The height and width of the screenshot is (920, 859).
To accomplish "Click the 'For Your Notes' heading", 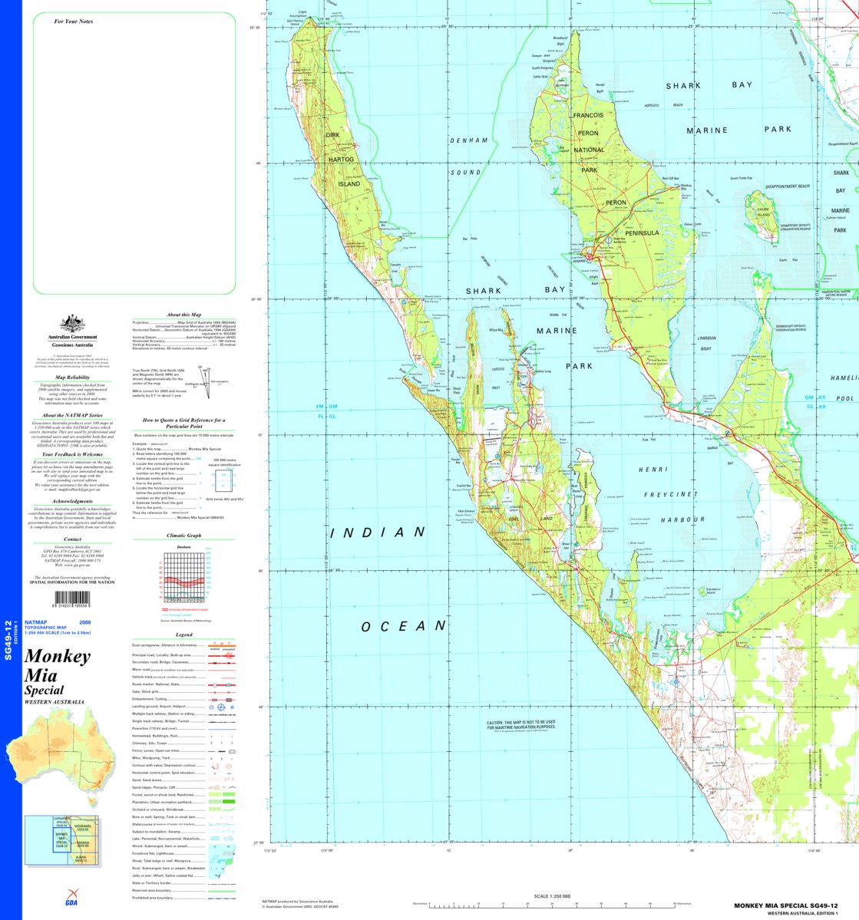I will click(x=74, y=21).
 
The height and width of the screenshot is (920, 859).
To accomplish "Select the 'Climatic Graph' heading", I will click(x=183, y=536).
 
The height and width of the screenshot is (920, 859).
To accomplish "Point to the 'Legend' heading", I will click(x=184, y=635).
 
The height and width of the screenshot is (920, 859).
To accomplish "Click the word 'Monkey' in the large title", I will click(x=58, y=657).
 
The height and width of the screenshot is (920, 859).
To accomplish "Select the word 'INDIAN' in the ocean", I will click(x=377, y=532).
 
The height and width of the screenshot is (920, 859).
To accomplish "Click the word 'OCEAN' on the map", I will click(x=404, y=626).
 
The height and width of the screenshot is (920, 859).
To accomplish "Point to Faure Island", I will click(x=761, y=216).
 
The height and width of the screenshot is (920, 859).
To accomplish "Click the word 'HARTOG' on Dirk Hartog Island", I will click(x=339, y=159).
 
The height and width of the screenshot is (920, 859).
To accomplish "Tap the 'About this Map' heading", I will click(x=183, y=315).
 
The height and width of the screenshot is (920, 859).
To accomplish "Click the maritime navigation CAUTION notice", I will click(x=520, y=725).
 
